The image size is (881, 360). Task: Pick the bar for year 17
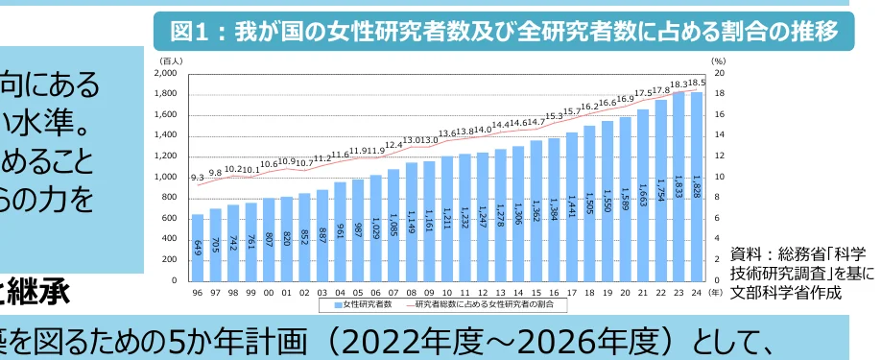[573, 206]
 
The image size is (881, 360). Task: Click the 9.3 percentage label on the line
[198, 178]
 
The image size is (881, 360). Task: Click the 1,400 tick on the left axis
[166, 135]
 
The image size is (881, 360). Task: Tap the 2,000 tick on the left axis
[166, 73]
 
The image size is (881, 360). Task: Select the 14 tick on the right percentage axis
[719, 135]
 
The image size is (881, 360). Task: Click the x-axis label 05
[358, 291]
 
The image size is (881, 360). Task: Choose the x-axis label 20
[626, 291]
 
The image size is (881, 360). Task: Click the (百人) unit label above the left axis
[171, 60]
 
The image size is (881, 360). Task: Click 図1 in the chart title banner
[188, 32]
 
